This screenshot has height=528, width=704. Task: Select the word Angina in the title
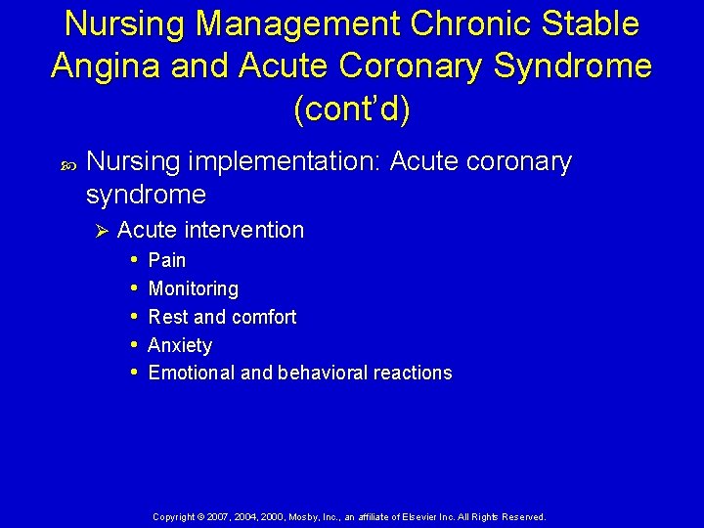point(107,66)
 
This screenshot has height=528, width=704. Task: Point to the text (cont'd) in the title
point(352,109)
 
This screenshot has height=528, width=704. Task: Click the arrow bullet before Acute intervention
point(100,231)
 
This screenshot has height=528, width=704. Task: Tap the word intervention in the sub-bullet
point(243,231)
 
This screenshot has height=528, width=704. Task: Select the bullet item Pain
point(166,260)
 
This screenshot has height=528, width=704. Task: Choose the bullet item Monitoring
point(193,288)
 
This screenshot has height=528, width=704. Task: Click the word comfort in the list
point(263,317)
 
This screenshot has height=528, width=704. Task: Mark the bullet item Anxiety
point(180,345)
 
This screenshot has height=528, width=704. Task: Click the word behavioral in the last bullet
point(320,373)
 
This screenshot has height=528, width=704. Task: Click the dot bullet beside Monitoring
point(134,288)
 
